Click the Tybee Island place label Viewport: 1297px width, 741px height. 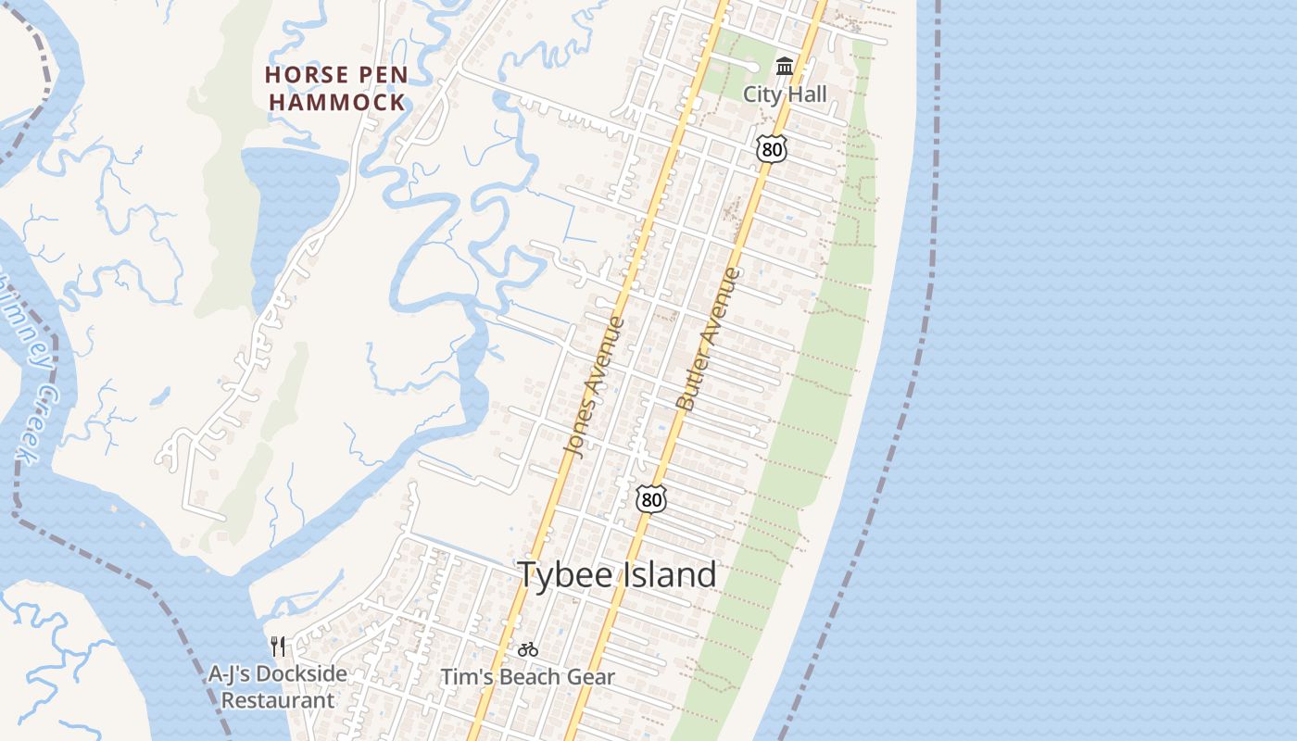617,575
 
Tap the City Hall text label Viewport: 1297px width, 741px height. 785,94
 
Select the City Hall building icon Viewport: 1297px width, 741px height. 785,66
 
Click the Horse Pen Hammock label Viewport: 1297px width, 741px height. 336,88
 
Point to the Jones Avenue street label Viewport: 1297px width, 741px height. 595,386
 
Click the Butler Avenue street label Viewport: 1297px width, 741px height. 710,340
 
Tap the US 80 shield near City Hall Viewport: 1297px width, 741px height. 771,147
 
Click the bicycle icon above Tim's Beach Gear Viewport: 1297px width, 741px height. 528,649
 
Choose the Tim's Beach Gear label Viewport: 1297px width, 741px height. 527,677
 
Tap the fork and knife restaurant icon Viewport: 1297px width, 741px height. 278,646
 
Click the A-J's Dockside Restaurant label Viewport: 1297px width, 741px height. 277,686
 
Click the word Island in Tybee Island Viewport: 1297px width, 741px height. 669,575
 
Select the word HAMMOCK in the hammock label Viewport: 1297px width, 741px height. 338,102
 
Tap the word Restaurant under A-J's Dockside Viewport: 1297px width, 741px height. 277,700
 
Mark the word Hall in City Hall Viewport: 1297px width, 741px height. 805,94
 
